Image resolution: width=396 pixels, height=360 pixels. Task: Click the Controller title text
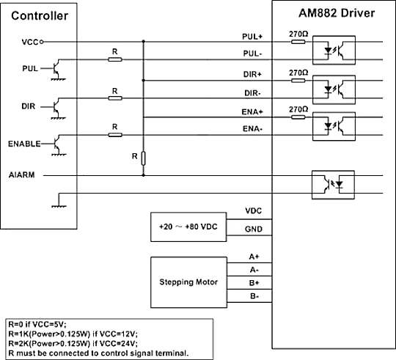click(40, 15)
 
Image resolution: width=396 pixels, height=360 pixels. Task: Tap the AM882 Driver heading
click(337, 13)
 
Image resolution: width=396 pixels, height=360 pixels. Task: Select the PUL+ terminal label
click(252, 37)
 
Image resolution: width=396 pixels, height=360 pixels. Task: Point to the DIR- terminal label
click(252, 93)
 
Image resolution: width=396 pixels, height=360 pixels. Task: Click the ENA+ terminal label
click(252, 112)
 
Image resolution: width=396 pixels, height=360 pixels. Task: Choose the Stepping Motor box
click(188, 282)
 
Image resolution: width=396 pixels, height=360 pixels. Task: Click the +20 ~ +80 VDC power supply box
click(188, 227)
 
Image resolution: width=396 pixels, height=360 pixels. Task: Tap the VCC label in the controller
click(30, 43)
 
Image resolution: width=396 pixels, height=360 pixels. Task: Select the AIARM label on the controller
click(22, 175)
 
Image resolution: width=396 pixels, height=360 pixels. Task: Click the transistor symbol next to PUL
click(56, 68)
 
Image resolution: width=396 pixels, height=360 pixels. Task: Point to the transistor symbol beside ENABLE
click(57, 144)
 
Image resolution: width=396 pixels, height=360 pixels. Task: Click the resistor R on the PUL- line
click(115, 59)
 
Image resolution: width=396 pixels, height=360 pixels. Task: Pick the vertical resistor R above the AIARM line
click(143, 158)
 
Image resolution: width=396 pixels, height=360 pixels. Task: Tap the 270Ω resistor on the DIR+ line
click(298, 81)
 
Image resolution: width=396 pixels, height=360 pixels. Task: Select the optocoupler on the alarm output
click(333, 185)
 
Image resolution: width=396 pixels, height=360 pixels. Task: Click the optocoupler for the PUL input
click(334, 51)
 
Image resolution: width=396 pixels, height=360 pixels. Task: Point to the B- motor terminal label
click(254, 296)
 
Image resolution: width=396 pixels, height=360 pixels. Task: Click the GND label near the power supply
click(254, 229)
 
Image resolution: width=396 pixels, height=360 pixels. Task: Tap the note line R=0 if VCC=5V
click(37, 324)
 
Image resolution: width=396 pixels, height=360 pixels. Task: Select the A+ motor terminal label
click(254, 257)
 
